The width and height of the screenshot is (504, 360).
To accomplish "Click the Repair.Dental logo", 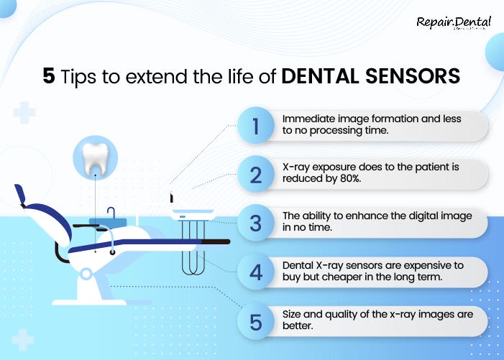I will [454, 23].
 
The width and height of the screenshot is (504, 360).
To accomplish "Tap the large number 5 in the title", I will [48, 77].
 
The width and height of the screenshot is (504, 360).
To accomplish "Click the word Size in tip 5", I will [293, 314].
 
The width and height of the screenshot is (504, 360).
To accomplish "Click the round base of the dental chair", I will [86, 274].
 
